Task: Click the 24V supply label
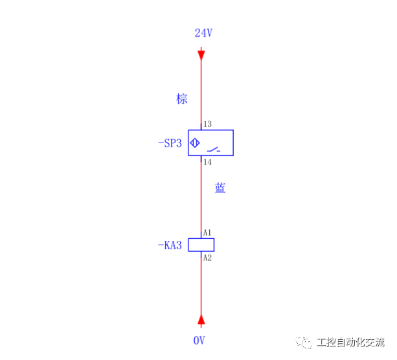pos(203,32)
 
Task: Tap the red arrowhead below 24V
pos(201,52)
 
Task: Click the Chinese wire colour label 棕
pos(182,98)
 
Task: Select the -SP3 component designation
pos(170,143)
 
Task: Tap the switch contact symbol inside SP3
pos(213,150)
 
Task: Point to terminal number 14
pos(207,163)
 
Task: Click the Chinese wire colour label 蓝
pos(220,188)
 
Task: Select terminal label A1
pos(207,232)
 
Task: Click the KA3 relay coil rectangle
pos(201,245)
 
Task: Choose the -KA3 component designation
pos(170,245)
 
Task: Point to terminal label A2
pos(207,258)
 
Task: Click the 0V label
pos(199,340)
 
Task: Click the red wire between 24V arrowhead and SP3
pos(201,91)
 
